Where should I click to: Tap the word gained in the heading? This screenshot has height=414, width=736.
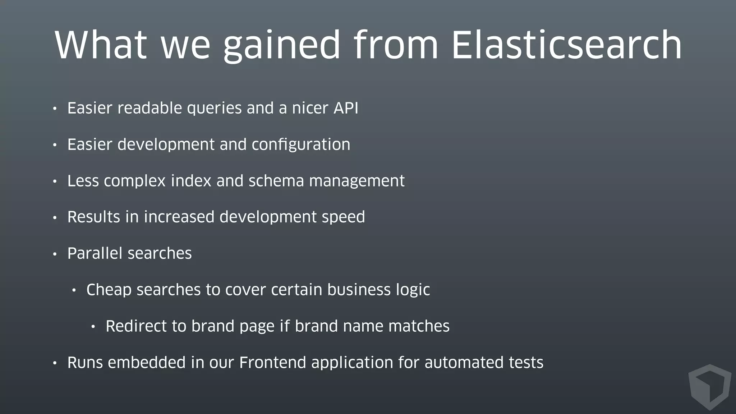click(x=281, y=46)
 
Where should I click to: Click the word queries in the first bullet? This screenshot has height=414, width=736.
click(x=214, y=109)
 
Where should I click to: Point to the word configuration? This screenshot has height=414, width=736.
click(x=301, y=145)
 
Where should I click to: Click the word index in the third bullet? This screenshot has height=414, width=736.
click(x=191, y=181)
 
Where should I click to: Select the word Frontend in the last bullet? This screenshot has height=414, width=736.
click(x=273, y=363)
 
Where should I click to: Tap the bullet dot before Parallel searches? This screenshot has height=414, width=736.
click(x=55, y=254)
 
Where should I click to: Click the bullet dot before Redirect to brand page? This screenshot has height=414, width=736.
click(x=93, y=327)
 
